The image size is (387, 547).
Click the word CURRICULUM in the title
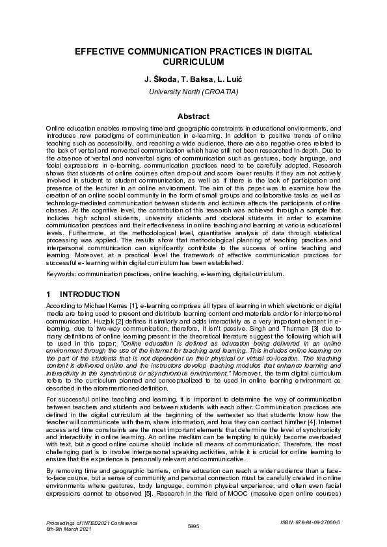[193, 62]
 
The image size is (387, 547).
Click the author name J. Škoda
[159, 79]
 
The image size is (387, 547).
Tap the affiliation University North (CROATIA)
[193, 92]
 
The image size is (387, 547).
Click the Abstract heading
[193, 116]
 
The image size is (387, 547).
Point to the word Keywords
[60, 274]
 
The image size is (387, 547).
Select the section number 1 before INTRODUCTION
[49, 294]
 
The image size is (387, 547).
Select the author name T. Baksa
[193, 79]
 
